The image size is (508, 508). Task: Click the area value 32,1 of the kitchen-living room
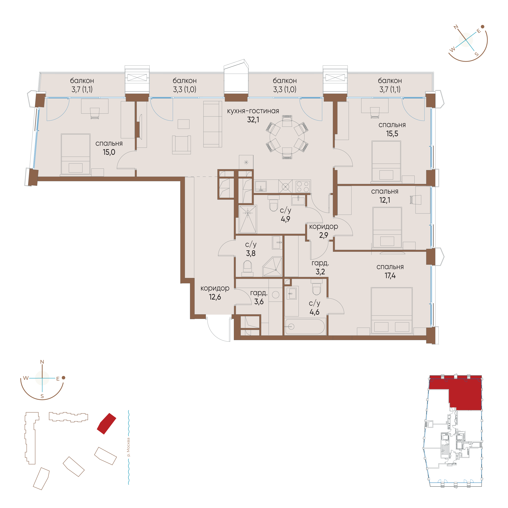tap(253, 120)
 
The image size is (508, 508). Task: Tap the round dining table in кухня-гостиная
tap(287, 137)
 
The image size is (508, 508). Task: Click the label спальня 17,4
tap(390, 271)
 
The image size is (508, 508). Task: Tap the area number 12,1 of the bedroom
tap(385, 200)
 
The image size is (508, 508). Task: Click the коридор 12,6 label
tap(215, 293)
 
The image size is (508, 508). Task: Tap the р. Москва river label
tap(128, 447)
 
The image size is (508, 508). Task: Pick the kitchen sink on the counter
tap(261, 186)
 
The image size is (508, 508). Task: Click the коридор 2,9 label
tap(324, 231)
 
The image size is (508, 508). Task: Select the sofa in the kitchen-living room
tap(213, 124)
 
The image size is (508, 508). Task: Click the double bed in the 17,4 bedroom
tap(392, 311)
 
